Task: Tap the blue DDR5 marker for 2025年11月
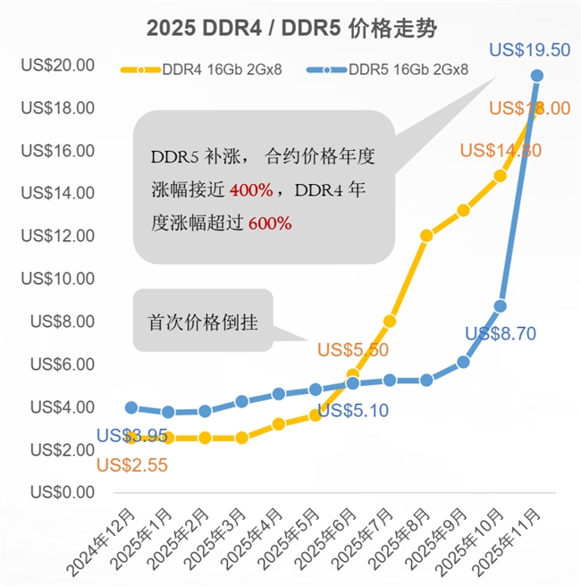click(537, 76)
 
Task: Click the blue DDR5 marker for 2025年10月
click(501, 306)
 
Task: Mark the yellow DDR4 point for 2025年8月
click(426, 236)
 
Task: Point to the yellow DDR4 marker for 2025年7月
click(390, 321)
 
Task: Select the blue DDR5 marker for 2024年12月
click(131, 407)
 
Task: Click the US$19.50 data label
click(530, 50)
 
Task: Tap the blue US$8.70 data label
click(501, 334)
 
